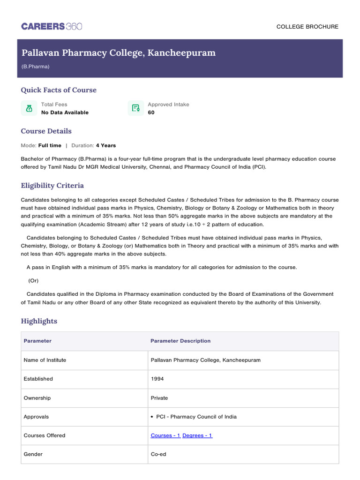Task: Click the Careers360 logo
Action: tap(52, 26)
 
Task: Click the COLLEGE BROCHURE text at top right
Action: tap(307, 27)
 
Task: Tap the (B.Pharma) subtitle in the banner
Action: tap(35, 67)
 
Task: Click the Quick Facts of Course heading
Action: tap(59, 90)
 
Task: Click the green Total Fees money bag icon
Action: tap(29, 108)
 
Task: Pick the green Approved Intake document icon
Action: tap(136, 108)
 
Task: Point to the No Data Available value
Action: tap(65, 112)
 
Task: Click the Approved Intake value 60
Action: tap(151, 112)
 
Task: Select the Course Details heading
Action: tap(46, 131)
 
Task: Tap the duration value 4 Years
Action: tap(106, 145)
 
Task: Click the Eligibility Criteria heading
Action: tap(52, 186)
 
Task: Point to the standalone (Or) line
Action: tap(33, 281)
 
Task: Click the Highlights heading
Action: tap(39, 321)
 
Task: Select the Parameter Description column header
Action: tap(180, 341)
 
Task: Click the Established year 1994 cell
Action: tap(157, 379)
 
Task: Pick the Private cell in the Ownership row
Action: tap(159, 398)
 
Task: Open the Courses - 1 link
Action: tap(165, 435)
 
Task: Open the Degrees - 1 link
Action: tap(197, 435)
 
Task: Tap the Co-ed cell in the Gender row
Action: tap(158, 454)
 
